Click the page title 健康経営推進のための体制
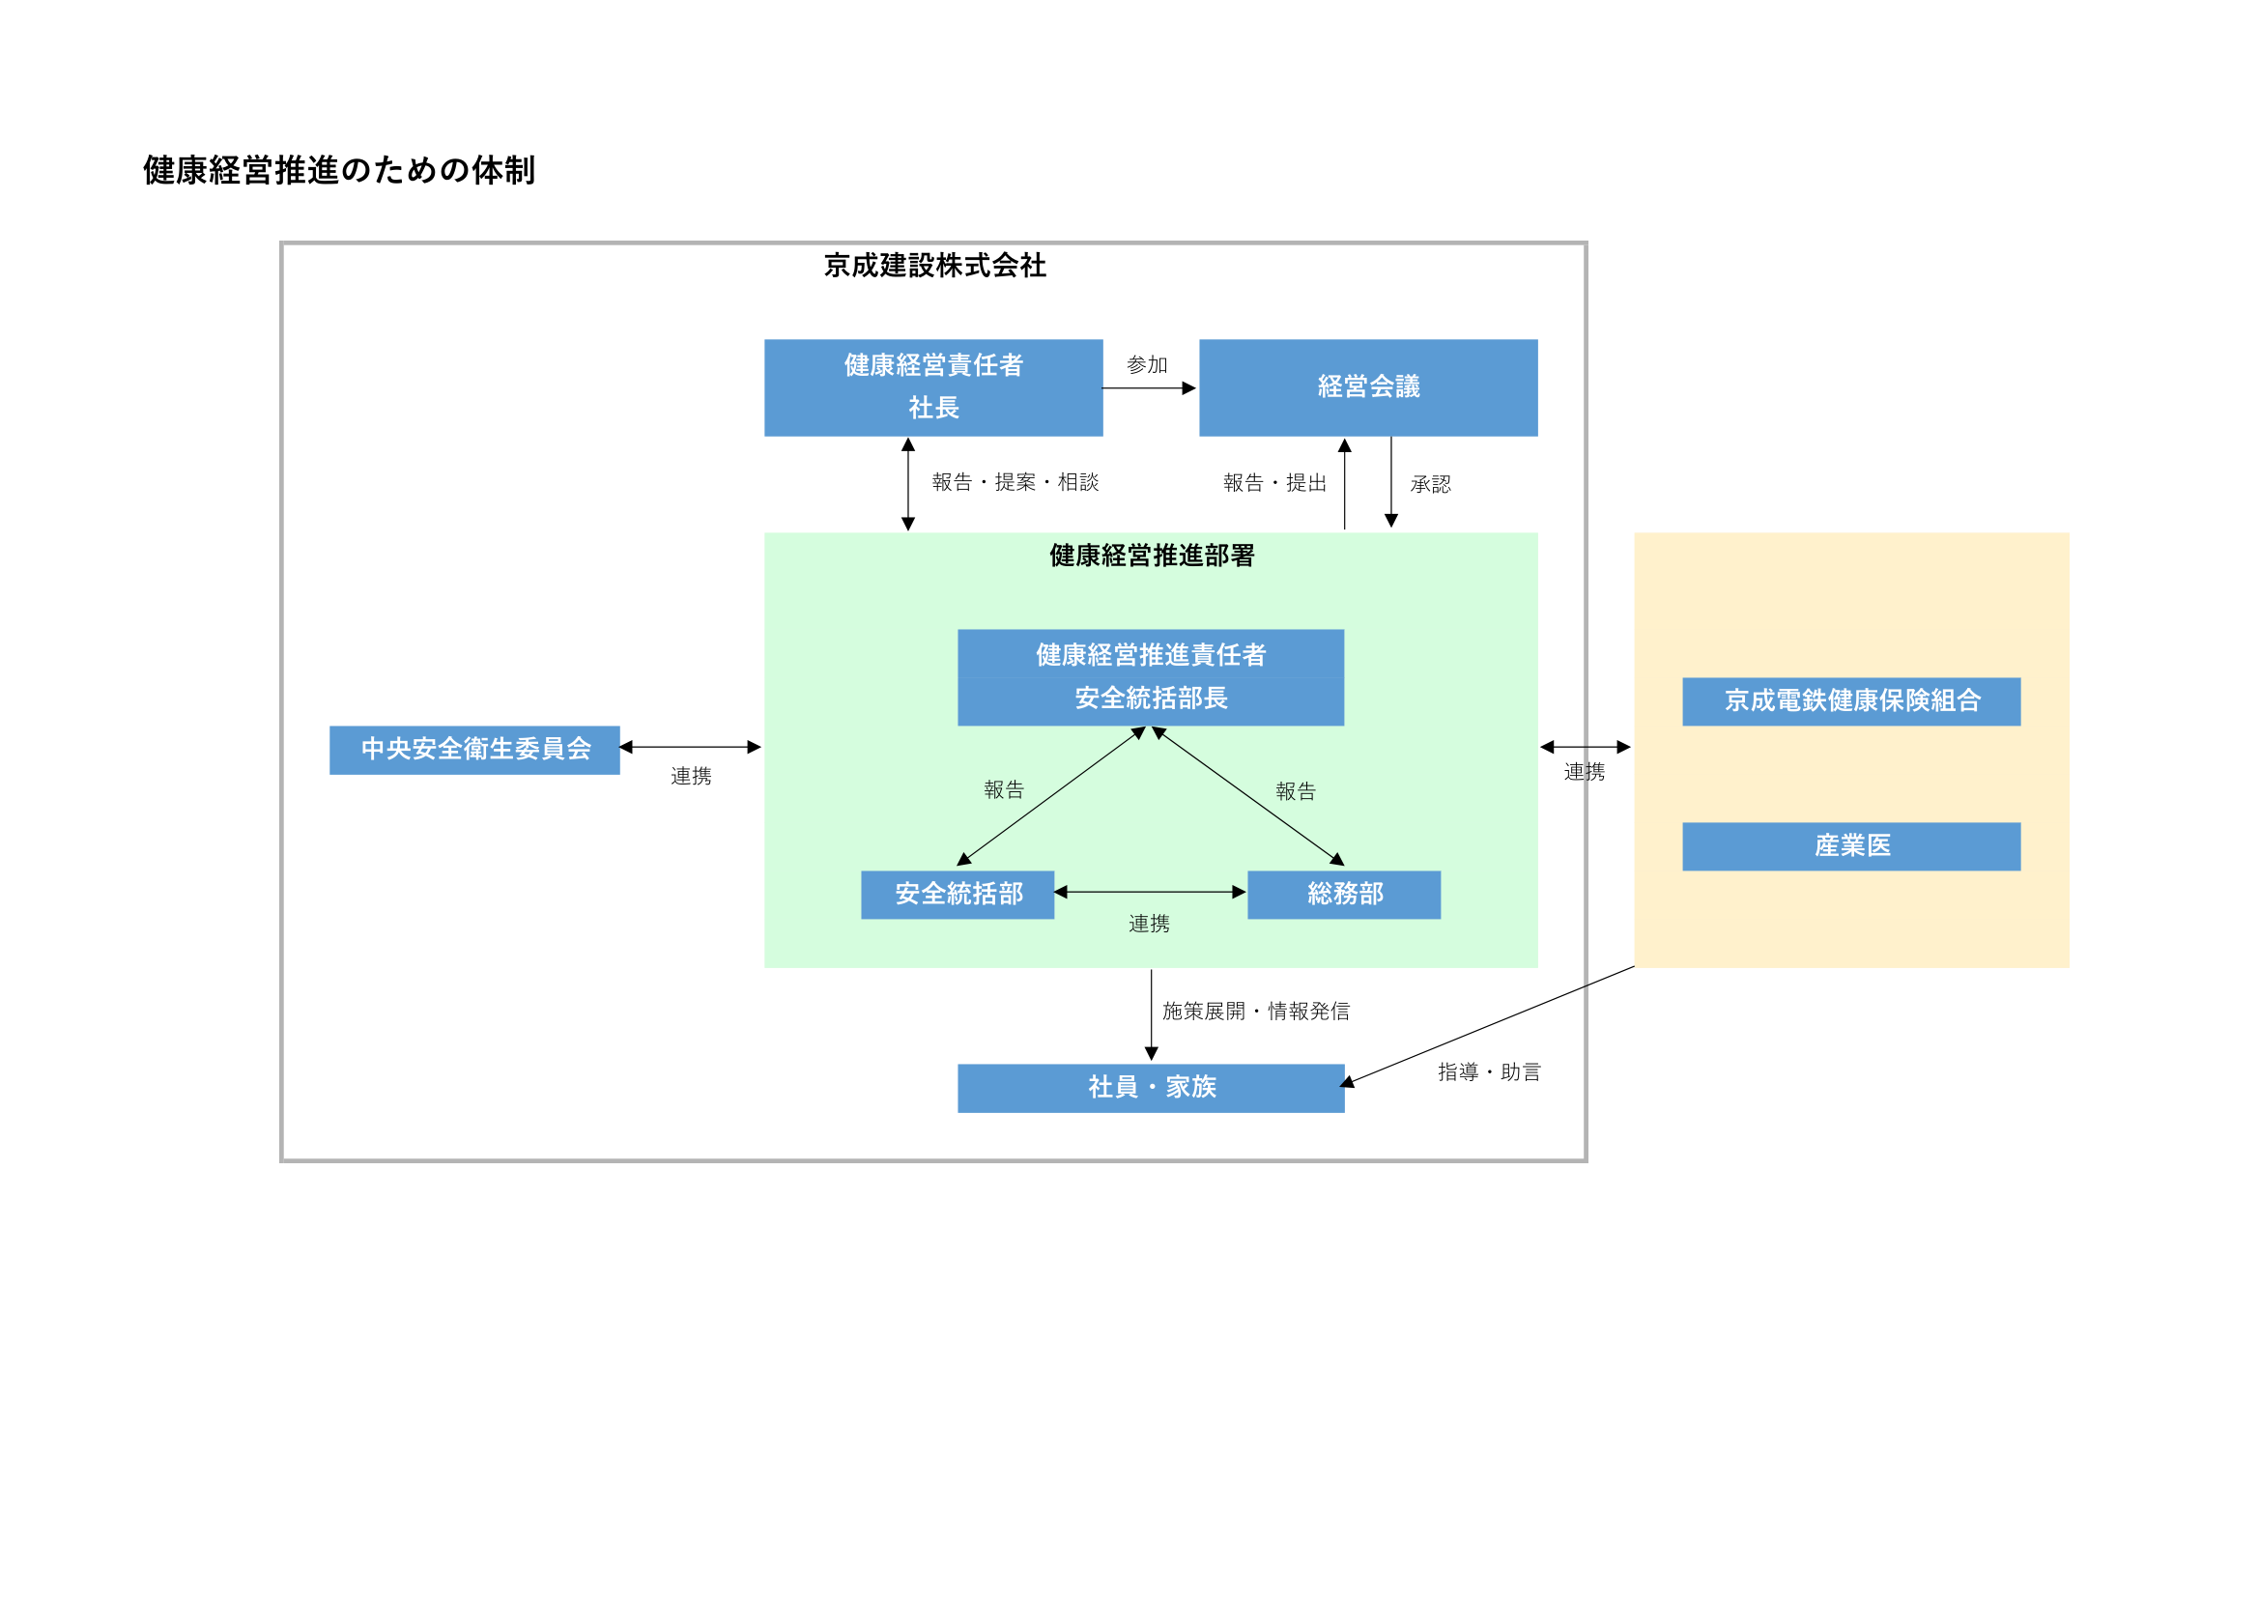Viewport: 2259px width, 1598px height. (x=338, y=170)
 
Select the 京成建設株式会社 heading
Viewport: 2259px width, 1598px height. (x=933, y=266)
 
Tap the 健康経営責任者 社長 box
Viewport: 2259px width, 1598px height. (x=932, y=387)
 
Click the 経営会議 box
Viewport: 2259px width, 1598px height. (x=1367, y=387)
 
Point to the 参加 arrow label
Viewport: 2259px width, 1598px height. (x=1146, y=365)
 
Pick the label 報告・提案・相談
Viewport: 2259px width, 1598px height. (x=1015, y=482)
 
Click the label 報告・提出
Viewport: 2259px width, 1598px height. (x=1274, y=483)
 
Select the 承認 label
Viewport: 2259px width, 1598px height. (x=1430, y=484)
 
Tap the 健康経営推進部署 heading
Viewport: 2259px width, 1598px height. (x=1151, y=556)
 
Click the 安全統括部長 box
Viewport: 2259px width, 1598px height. (x=1150, y=699)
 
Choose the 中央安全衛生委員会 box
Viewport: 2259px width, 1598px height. (x=474, y=750)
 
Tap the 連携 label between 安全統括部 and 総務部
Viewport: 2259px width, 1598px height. (x=1148, y=924)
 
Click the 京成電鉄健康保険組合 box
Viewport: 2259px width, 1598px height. (x=1850, y=701)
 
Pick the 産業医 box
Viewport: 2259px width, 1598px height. (x=1850, y=846)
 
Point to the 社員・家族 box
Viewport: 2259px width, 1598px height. (x=1150, y=1087)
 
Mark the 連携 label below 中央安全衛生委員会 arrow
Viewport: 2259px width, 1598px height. (x=691, y=777)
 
